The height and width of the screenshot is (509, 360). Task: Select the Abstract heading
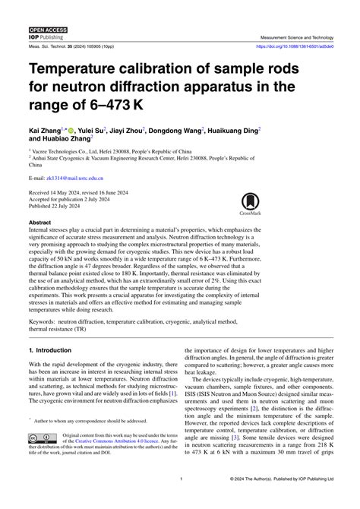tap(39, 223)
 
